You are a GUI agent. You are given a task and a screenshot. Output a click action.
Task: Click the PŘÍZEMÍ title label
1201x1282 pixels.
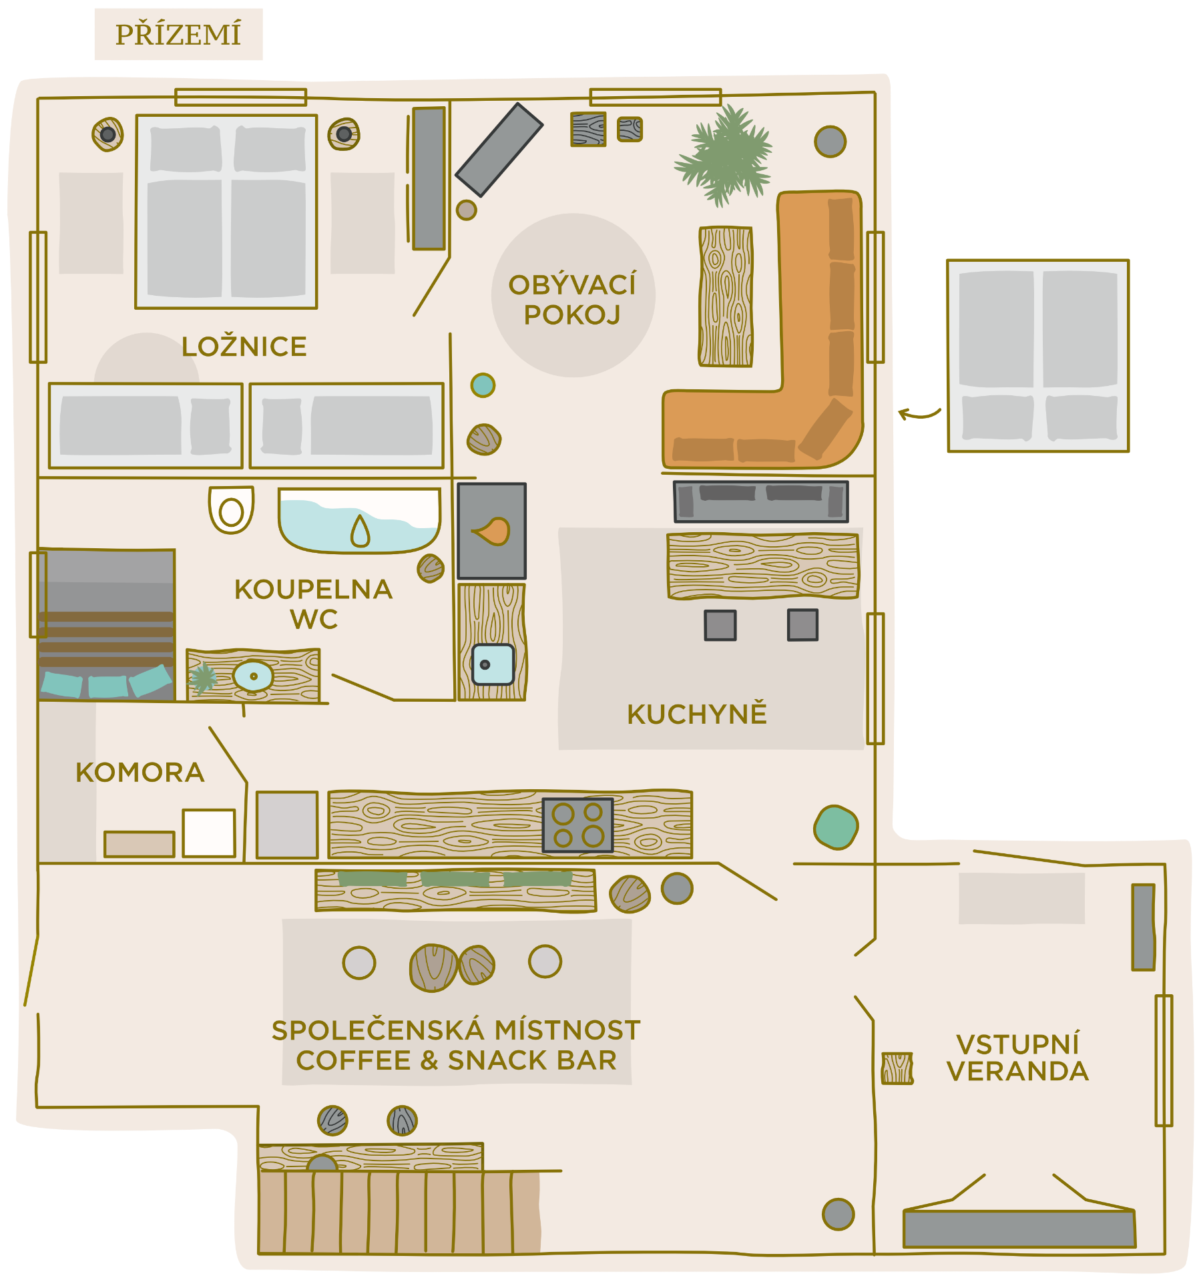(x=178, y=35)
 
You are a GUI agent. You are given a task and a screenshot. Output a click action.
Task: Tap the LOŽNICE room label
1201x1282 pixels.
(x=244, y=347)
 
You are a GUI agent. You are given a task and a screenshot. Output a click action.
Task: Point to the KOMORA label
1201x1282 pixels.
(x=140, y=773)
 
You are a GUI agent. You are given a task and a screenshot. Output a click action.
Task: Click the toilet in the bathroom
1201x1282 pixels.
(x=231, y=509)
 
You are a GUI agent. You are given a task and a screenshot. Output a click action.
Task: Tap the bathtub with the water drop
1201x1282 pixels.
(x=360, y=520)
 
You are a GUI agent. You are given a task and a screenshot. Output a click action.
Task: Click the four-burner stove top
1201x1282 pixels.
(x=578, y=825)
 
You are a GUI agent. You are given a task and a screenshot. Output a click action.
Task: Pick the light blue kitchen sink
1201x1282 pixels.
(x=493, y=664)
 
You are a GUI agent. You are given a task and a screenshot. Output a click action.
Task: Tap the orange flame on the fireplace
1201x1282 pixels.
(x=492, y=531)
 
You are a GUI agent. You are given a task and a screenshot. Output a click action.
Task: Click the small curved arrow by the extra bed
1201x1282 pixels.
(x=919, y=414)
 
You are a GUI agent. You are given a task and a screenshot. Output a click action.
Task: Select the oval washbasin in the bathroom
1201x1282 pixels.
(x=253, y=676)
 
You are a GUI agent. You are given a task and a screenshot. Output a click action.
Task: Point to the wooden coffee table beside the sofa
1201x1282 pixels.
(x=726, y=296)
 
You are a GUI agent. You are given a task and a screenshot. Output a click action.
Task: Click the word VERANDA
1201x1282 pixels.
(x=1017, y=1071)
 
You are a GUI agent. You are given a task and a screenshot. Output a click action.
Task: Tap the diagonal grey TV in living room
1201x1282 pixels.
(x=499, y=150)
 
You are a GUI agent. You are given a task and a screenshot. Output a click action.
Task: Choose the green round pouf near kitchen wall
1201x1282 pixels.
(x=836, y=827)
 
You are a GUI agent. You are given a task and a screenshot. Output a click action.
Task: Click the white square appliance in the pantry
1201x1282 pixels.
(x=209, y=833)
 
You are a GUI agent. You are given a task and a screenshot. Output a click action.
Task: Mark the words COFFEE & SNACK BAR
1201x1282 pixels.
(x=457, y=1060)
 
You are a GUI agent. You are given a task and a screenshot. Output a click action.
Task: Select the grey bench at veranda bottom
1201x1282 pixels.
(x=1019, y=1229)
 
